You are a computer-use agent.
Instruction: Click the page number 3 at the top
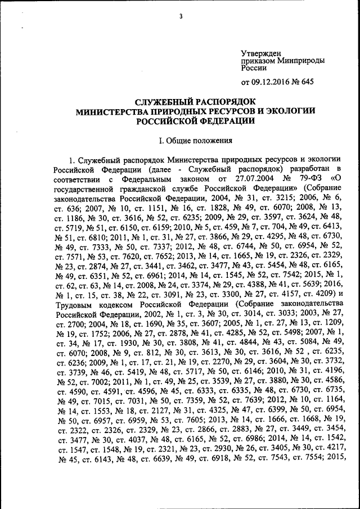tap(181, 16)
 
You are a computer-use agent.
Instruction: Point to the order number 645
tap(307, 83)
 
